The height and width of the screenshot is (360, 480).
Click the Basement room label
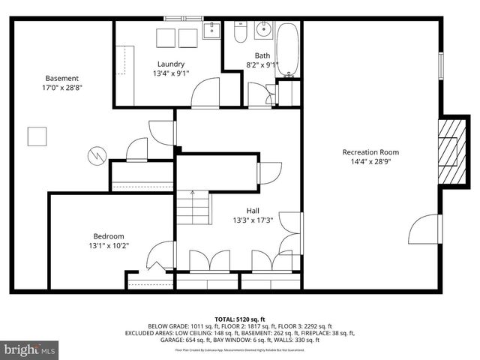(x=61, y=78)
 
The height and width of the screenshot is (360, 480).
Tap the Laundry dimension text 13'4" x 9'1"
(x=170, y=73)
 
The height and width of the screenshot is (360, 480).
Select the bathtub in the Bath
(x=288, y=49)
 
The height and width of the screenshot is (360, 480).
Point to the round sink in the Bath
(x=263, y=31)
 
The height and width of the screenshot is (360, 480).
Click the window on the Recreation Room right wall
(x=440, y=62)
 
